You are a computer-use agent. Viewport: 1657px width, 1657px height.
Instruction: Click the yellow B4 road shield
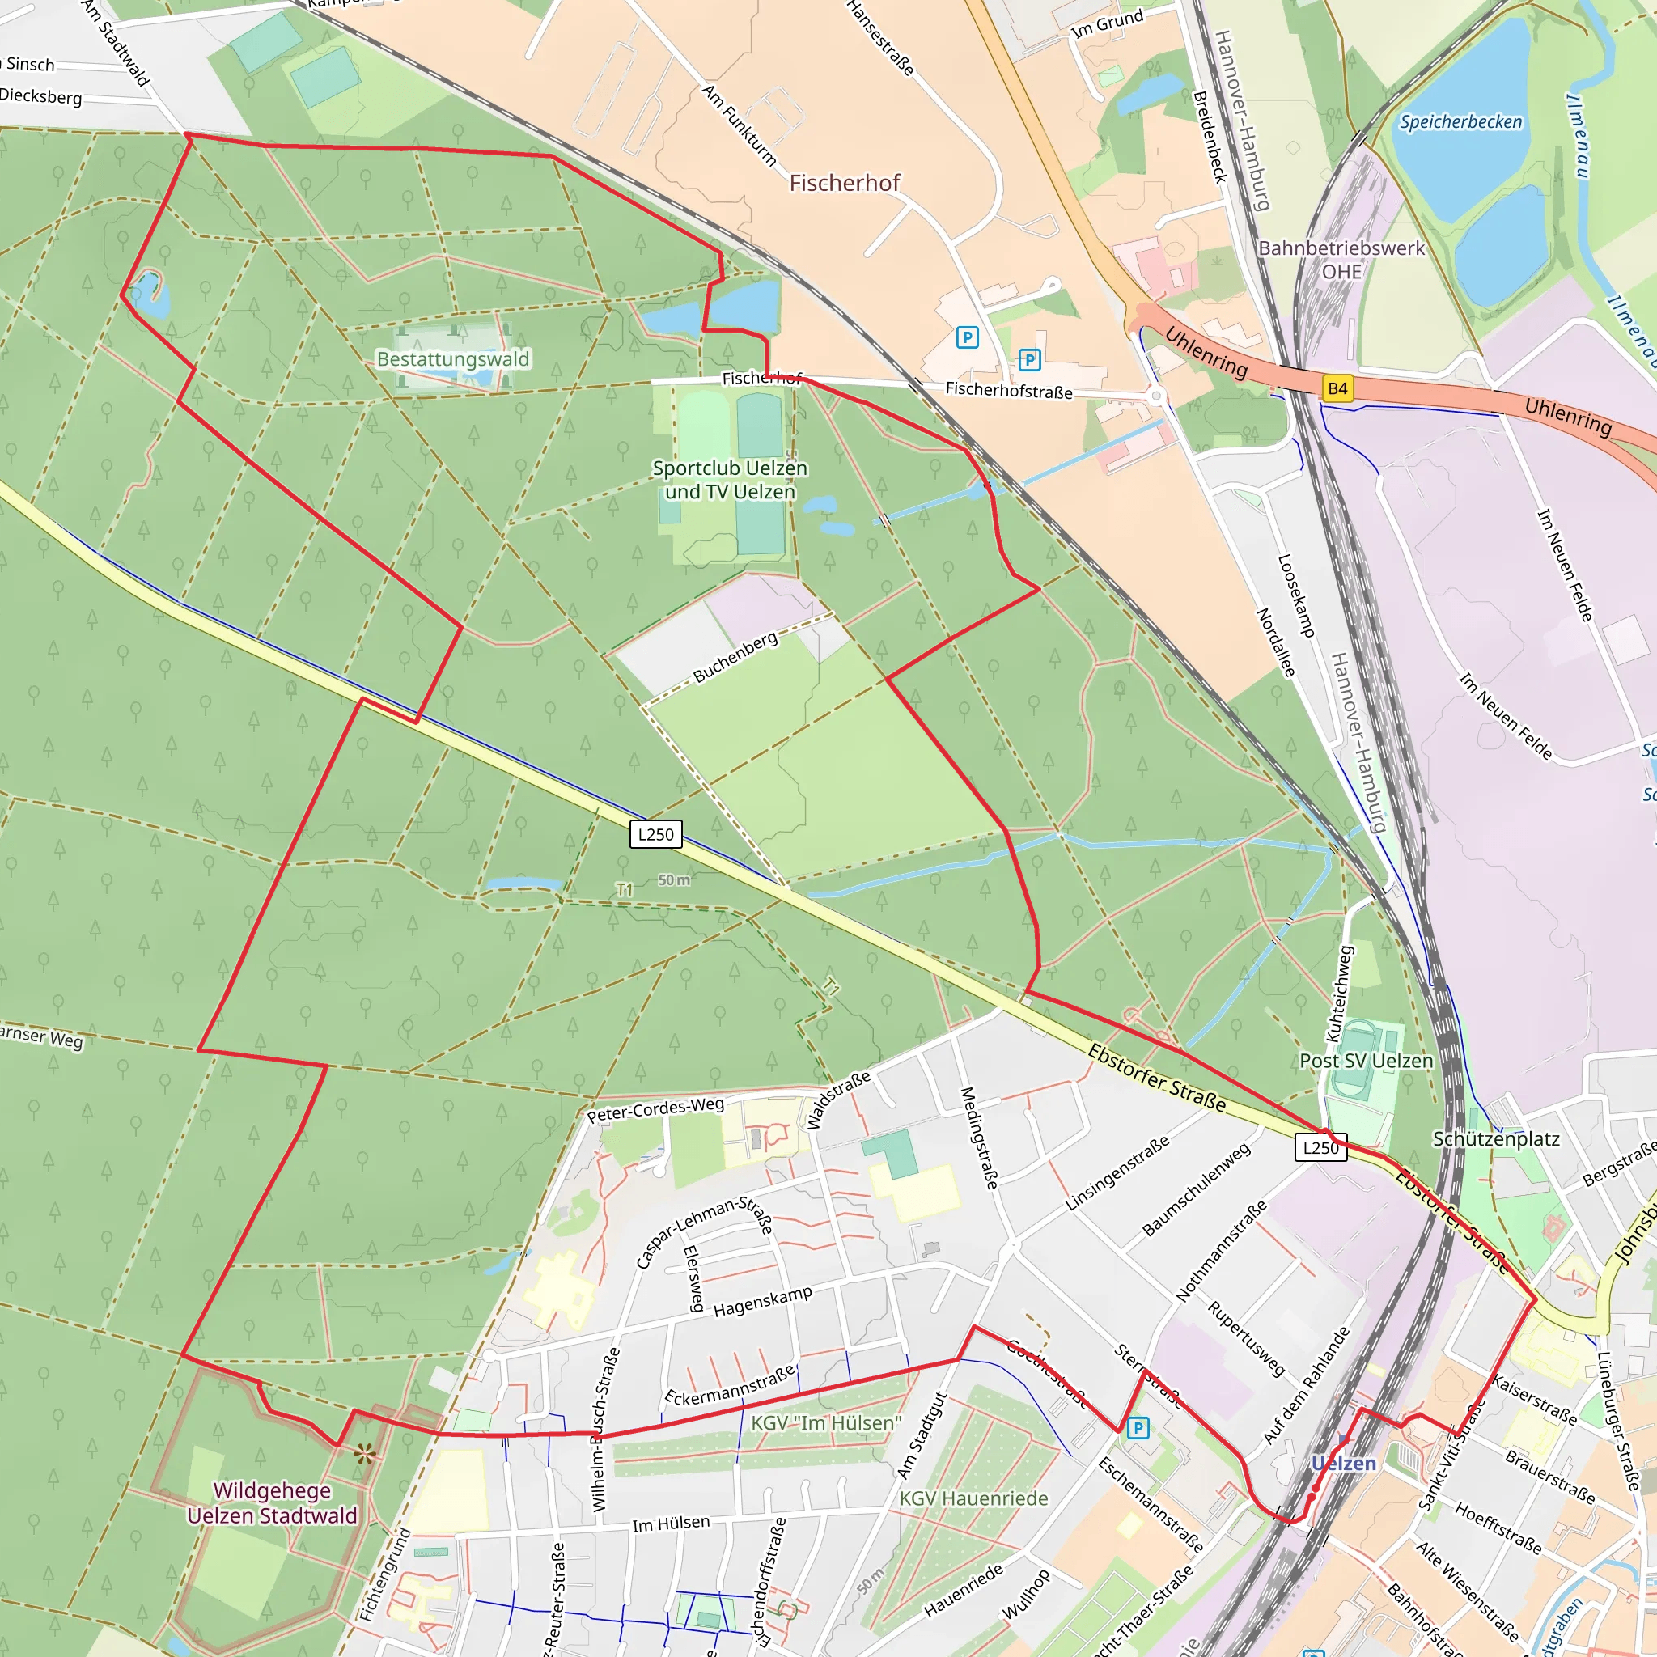1337,388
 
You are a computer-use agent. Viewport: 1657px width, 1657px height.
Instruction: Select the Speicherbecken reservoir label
1460,122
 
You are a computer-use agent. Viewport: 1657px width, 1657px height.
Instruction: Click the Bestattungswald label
453,358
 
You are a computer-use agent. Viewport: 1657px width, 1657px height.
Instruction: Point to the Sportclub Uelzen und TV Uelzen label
730,480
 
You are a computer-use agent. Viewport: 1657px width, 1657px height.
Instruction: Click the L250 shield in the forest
655,833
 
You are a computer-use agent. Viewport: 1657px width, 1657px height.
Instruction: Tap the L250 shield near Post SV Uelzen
1320,1147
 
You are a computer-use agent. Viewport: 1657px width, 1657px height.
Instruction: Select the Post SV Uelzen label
1366,1061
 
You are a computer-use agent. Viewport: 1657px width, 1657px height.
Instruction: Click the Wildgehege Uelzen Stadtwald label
272,1502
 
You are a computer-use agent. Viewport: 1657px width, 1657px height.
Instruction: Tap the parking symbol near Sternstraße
1138,1428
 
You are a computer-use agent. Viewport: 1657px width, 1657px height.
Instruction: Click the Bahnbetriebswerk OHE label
1341,259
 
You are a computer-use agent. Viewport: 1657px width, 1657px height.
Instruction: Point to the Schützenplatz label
1496,1138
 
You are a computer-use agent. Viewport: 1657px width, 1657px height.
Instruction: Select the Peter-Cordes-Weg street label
655,1110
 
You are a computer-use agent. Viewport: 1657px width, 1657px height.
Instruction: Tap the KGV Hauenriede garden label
973,1498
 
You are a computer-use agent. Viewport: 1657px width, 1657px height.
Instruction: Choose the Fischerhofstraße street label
1009,390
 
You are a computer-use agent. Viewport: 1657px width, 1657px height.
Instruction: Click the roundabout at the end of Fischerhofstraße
1156,396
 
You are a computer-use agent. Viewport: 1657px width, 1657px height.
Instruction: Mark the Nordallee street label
1275,642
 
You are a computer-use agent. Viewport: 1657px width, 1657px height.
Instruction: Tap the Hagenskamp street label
762,1302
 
